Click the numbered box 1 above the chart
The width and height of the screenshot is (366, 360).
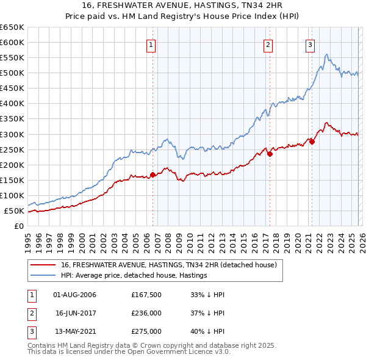coord(150,44)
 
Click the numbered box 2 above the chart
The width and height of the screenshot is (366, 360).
coord(268,44)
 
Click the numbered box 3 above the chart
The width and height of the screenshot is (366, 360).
coord(310,44)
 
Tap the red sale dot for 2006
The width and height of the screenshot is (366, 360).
coord(152,175)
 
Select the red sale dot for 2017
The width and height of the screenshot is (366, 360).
coord(270,154)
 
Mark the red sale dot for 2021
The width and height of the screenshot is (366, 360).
coord(312,142)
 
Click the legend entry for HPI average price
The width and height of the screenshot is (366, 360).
coord(134,275)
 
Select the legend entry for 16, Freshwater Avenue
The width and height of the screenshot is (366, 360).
coord(168,265)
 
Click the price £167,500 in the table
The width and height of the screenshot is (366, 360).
coord(146,295)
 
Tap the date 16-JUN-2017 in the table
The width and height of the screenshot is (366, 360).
coord(75,313)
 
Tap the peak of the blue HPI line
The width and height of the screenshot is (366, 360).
coord(327,55)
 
